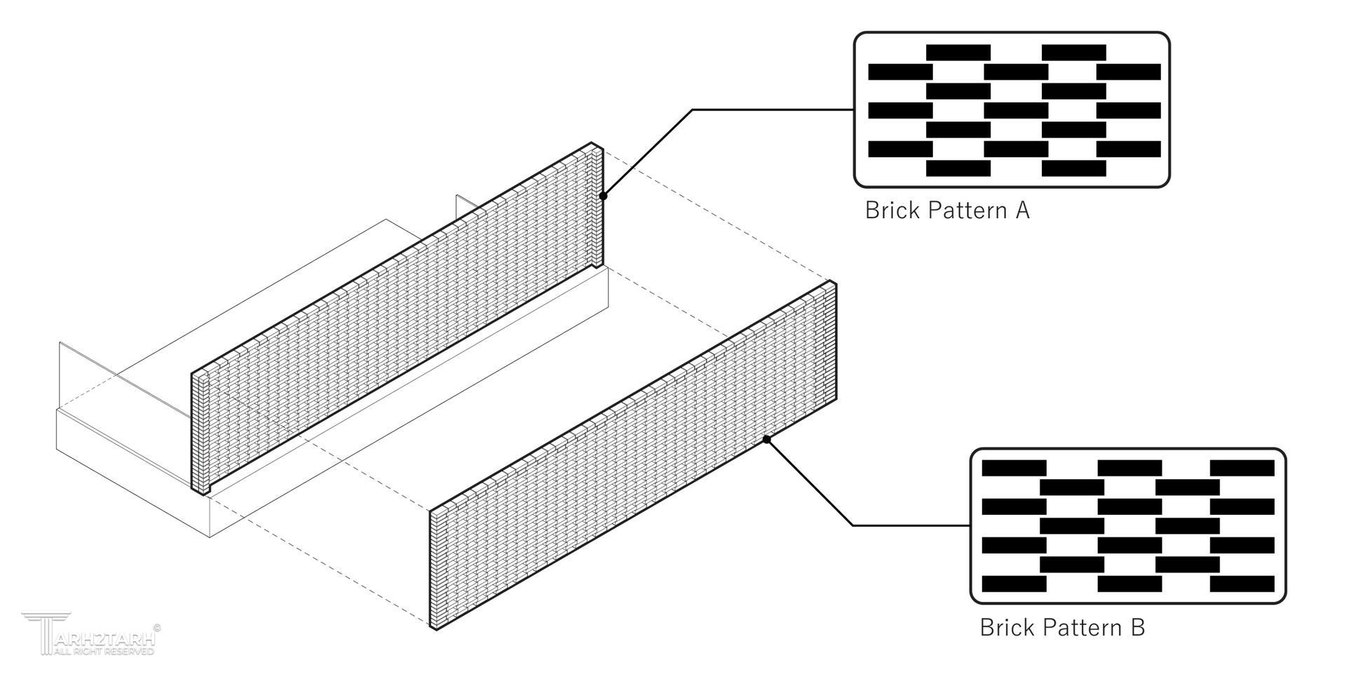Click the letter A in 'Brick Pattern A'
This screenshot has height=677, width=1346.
pos(1022,210)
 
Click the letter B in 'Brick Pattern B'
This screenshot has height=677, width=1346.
pos(1137,626)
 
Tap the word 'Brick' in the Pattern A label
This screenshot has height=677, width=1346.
pos(892,210)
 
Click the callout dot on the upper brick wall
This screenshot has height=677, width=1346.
pos(604,196)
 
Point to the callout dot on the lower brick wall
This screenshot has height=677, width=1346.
pos(767,439)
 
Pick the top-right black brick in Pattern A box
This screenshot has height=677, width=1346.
pos(1073,53)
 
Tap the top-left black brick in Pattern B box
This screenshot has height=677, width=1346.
pos(1014,468)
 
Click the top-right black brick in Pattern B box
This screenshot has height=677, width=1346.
pos(1242,468)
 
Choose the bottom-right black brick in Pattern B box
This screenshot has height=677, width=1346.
pos(1242,584)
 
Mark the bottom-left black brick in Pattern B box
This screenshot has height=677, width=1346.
pos(1014,584)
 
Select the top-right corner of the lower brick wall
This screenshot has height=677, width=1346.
pos(833,283)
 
